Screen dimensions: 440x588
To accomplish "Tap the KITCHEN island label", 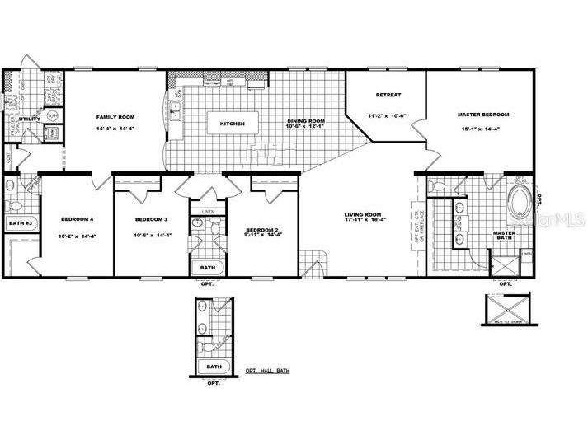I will pos(232,124).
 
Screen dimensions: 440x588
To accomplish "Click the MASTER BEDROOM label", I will pos(483,114).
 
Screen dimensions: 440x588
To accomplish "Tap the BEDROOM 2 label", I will pos(264,229).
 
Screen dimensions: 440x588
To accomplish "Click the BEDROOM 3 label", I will pos(152,219).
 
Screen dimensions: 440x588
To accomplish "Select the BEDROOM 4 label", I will pos(78,219).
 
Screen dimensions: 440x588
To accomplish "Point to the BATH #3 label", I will pos(19,223).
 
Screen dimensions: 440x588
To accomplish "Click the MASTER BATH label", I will pos(504,236).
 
